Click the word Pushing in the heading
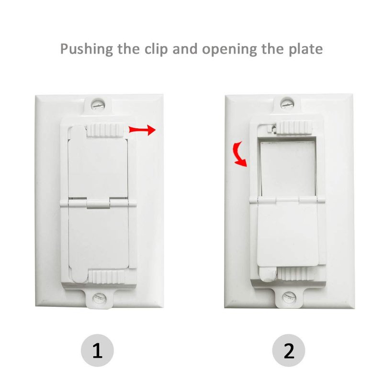[x=87, y=49]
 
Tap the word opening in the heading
[x=229, y=50]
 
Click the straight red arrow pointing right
[x=142, y=130]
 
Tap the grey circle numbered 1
[x=97, y=350]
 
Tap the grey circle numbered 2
[x=289, y=350]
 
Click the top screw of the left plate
[x=98, y=104]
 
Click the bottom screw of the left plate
[x=99, y=298]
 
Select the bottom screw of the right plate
[x=289, y=297]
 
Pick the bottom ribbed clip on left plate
[x=108, y=277]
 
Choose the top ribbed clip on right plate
[x=296, y=127]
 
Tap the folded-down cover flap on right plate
[x=288, y=235]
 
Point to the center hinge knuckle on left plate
[x=98, y=204]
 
